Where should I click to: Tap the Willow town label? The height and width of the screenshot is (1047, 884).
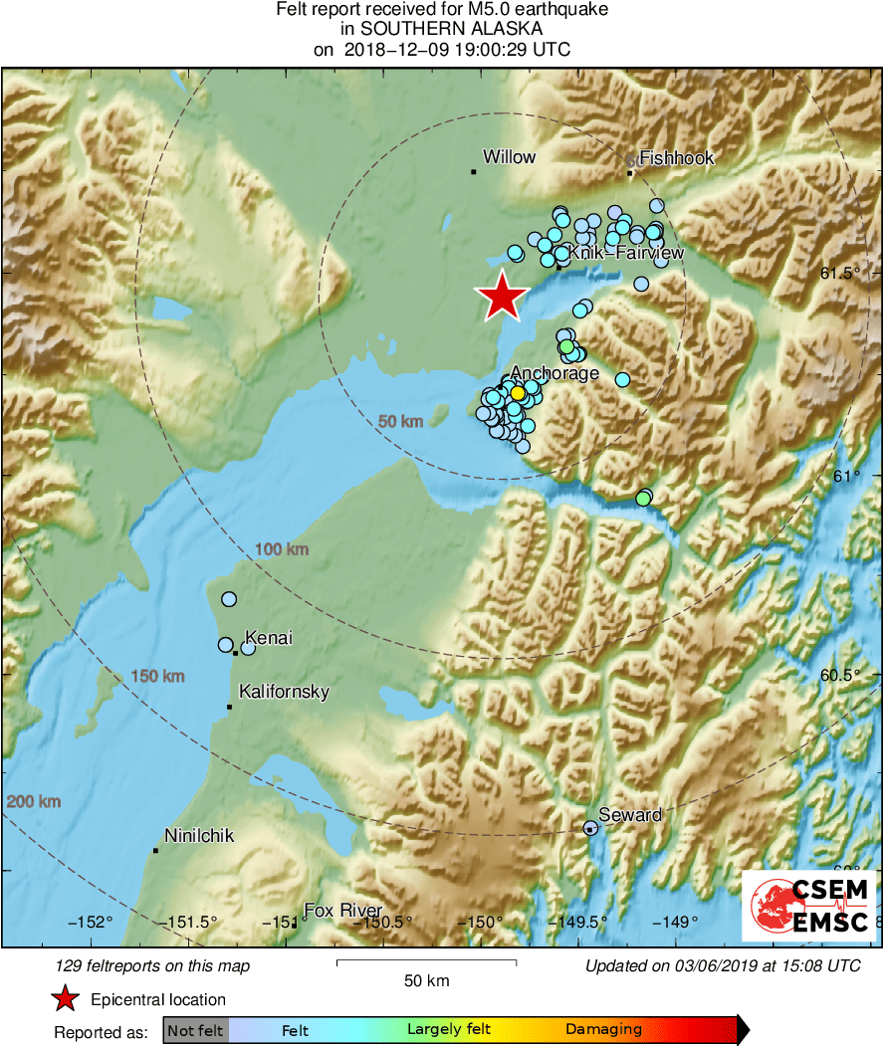coord(509,157)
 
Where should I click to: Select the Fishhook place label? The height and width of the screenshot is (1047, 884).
coord(676,158)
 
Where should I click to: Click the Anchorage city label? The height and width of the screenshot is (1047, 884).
coord(554,373)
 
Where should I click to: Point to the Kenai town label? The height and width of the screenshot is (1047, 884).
coord(268,638)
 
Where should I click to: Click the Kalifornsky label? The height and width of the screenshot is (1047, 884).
coord(284,692)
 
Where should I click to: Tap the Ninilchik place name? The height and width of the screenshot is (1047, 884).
coord(199,835)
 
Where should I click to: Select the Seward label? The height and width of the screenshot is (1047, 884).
coord(630,815)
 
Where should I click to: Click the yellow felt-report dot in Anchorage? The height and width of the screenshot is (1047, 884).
coord(518,393)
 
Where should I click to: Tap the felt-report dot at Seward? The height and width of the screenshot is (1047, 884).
coord(590,827)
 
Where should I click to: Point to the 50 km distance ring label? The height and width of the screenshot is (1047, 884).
coord(401,422)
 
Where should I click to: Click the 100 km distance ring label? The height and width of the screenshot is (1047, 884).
coord(282,549)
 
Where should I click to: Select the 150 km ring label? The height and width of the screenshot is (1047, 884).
coord(158,677)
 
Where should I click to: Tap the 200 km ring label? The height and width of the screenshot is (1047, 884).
coord(33,802)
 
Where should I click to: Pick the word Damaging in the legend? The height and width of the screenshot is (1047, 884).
coord(603,1030)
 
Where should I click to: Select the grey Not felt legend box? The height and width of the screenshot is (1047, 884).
coord(195,1030)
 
